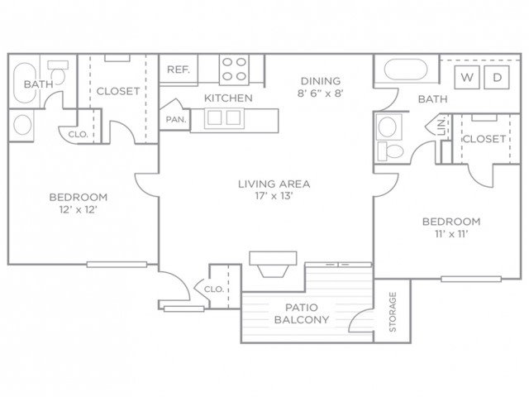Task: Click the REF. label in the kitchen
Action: point(179,69)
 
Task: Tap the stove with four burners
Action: point(234,69)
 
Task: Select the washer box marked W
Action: point(467,78)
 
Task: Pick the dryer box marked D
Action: point(497,78)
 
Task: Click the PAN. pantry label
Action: point(176,119)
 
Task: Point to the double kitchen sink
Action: point(224,118)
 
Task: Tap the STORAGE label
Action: point(393,312)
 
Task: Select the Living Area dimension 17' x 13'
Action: point(274,196)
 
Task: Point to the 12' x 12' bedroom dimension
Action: point(79,209)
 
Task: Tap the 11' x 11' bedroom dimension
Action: point(451,233)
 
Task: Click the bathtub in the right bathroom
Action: point(406,69)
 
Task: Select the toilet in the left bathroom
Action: point(58,72)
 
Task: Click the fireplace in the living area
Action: point(273,264)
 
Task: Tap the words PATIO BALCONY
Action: point(302,313)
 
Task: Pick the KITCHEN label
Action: point(228,98)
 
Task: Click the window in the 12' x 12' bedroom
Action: point(117,265)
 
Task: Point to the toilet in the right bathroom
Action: point(390,151)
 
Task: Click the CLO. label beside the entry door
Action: point(214,289)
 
